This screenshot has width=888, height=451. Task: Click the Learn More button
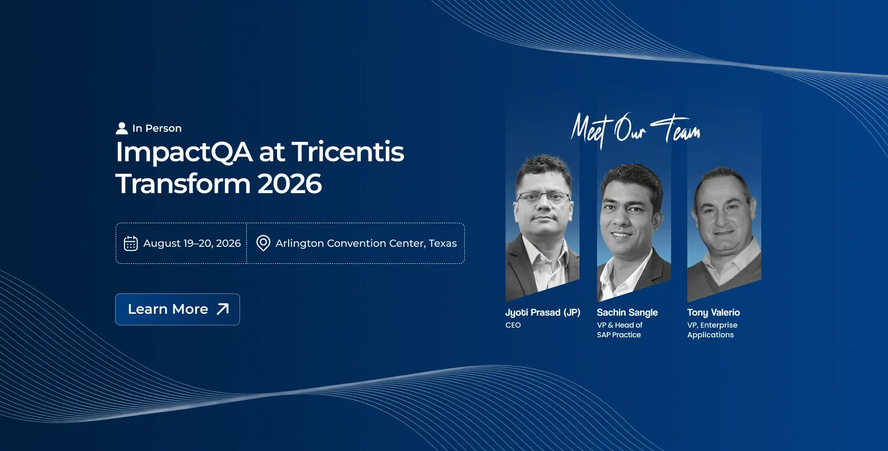click(178, 309)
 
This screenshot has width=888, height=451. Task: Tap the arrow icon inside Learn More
click(223, 309)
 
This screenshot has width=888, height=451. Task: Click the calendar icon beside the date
click(131, 243)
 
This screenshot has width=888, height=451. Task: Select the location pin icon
click(263, 243)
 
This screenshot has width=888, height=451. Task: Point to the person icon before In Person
click(122, 128)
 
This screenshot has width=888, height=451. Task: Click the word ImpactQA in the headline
click(184, 152)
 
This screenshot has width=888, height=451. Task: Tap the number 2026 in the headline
click(290, 184)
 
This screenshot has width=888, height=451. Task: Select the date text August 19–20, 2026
click(192, 243)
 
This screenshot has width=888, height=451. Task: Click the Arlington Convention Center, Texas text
click(366, 243)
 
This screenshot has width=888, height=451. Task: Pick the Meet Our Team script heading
click(635, 130)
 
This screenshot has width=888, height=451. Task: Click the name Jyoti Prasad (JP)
click(543, 313)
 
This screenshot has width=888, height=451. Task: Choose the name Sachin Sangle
click(627, 313)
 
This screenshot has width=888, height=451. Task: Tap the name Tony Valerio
click(713, 313)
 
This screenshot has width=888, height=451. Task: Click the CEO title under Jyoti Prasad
click(513, 325)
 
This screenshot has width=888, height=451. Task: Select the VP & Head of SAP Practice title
click(620, 330)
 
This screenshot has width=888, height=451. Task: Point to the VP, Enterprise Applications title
click(712, 330)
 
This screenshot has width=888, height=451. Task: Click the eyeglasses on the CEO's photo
click(543, 198)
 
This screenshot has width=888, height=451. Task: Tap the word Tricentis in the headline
click(348, 152)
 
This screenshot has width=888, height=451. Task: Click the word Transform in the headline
click(183, 184)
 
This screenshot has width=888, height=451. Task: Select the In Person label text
click(157, 128)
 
